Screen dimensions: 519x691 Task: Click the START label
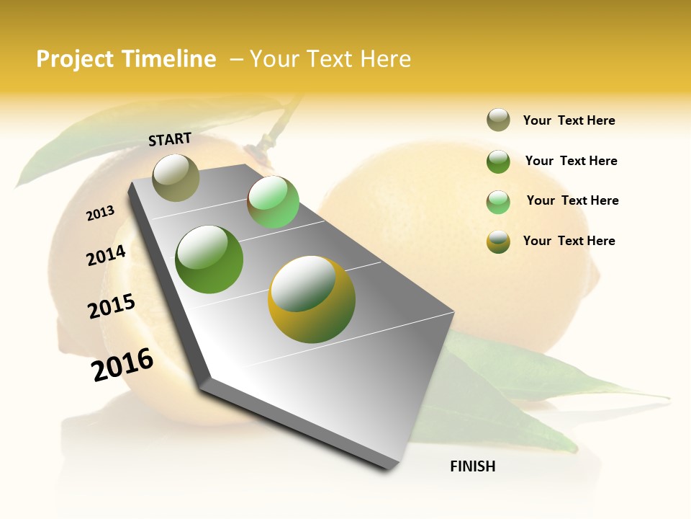(x=170, y=139)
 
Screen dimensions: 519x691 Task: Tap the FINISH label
(x=472, y=466)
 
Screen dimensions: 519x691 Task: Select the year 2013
(x=100, y=213)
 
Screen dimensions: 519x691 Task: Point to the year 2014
(x=106, y=256)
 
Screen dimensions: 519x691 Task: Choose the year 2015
(x=112, y=306)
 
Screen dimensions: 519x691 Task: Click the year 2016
(x=122, y=365)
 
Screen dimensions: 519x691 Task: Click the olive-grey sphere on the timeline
(x=176, y=178)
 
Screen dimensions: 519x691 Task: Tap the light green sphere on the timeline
(x=273, y=202)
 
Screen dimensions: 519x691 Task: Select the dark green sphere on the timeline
(x=209, y=259)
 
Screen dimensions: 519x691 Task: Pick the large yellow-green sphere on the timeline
(x=312, y=299)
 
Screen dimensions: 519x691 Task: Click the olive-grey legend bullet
(x=498, y=120)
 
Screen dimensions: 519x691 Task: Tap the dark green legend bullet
(x=498, y=161)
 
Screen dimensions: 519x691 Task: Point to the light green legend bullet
(x=498, y=202)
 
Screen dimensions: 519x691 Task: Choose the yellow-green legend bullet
(x=498, y=241)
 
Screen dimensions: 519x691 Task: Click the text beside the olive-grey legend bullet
(x=569, y=120)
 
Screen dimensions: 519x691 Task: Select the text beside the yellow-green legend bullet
(x=569, y=241)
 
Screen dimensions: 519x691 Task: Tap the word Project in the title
(x=76, y=59)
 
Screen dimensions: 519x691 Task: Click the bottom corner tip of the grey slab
(x=389, y=469)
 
